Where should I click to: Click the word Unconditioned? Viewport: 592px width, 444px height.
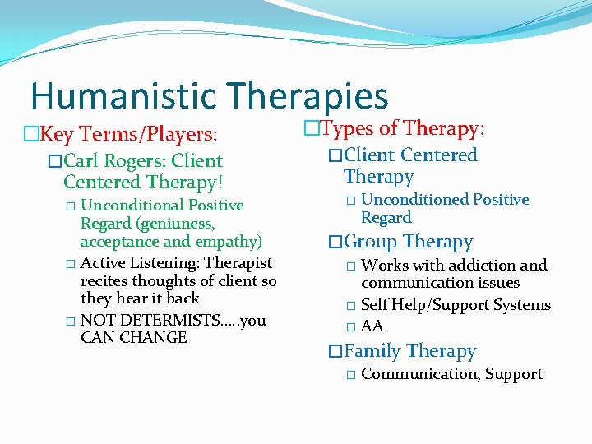pos(414,200)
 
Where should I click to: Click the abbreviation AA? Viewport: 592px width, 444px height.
pos(372,326)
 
